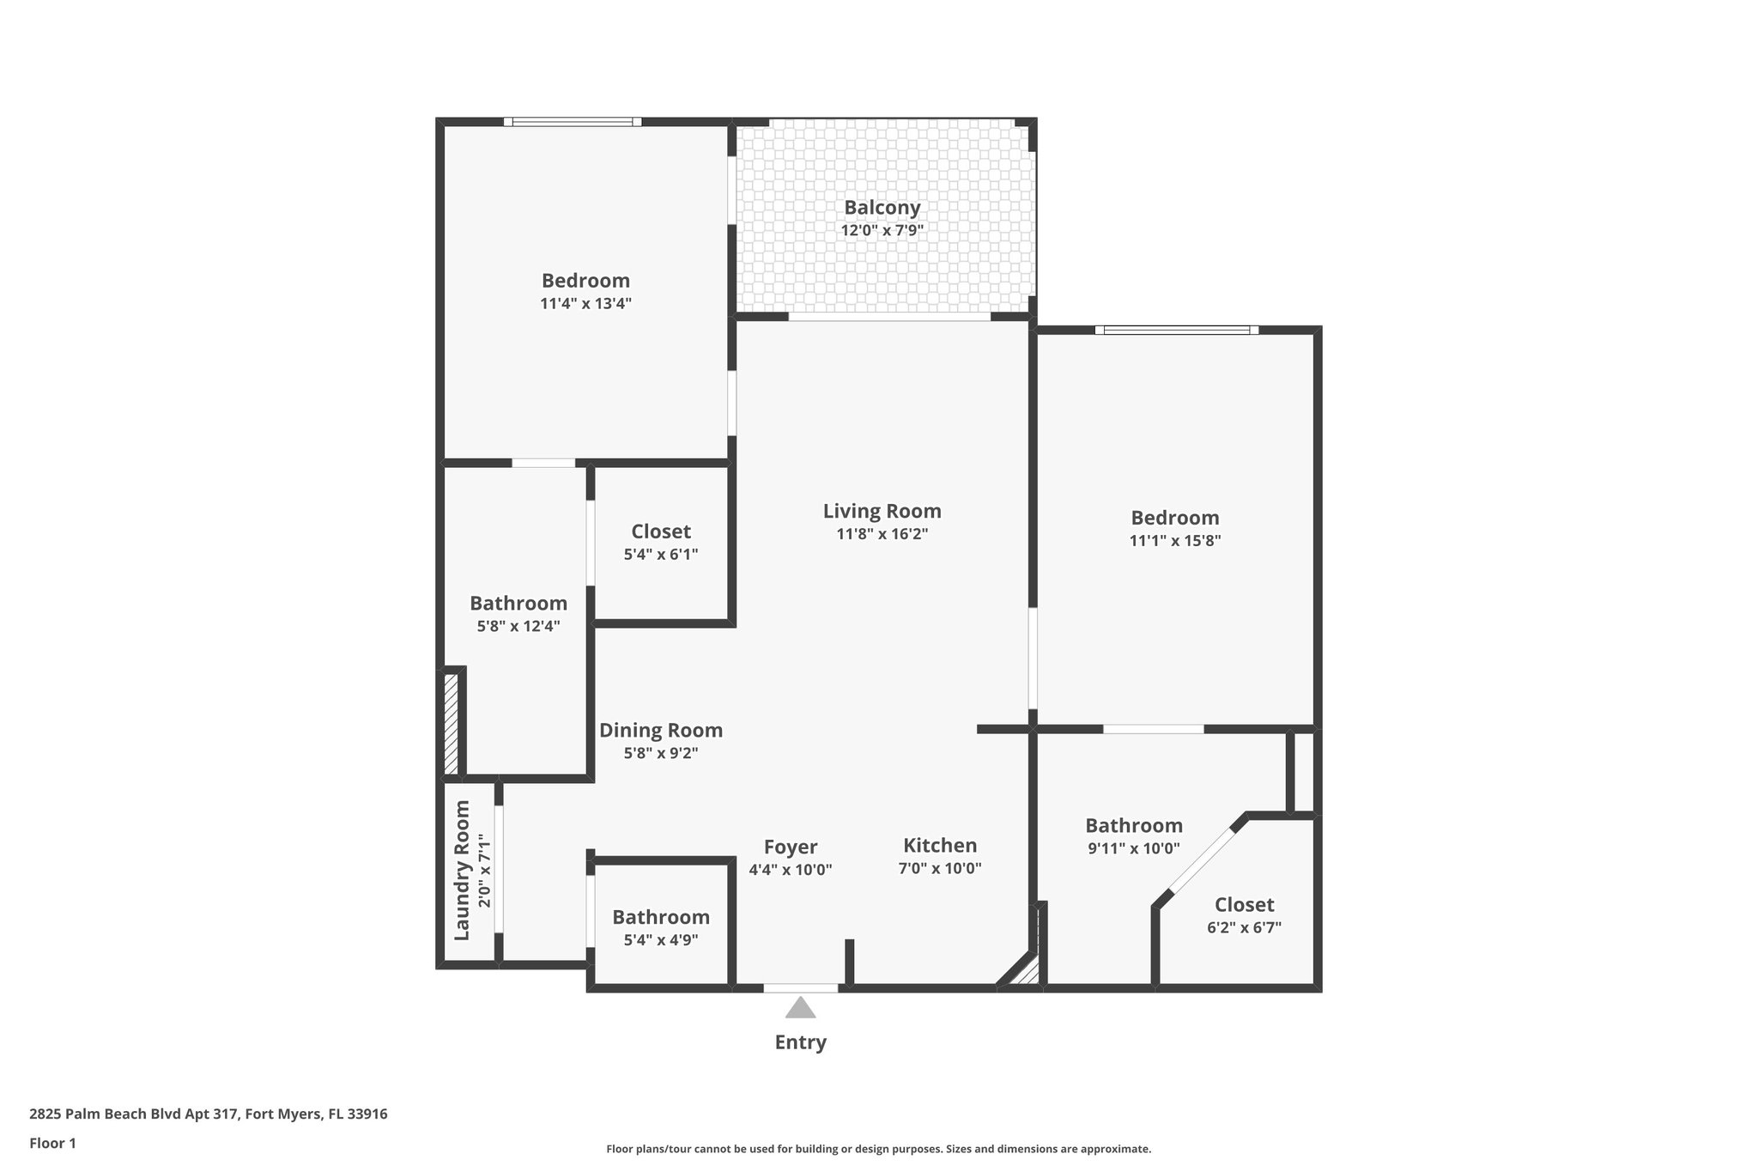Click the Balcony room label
click(x=882, y=207)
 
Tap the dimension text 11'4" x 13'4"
click(x=585, y=303)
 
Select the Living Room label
click(x=882, y=511)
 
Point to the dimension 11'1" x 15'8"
click(x=1174, y=540)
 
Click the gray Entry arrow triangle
click(x=800, y=1008)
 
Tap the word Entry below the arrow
click(x=800, y=1042)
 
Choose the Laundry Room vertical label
click(x=462, y=870)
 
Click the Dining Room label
click(x=660, y=730)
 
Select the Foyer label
click(x=791, y=847)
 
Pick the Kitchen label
click(x=939, y=845)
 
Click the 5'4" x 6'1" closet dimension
click(x=660, y=555)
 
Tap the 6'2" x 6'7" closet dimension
click(x=1244, y=927)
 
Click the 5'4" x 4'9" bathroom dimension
click(x=660, y=939)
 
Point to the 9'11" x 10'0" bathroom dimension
click(x=1133, y=848)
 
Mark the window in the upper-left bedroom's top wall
click(x=573, y=122)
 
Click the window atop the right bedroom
click(x=1176, y=330)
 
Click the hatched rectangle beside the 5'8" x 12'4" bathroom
click(x=451, y=724)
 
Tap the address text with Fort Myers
click(x=209, y=1114)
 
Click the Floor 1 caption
click(x=52, y=1143)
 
